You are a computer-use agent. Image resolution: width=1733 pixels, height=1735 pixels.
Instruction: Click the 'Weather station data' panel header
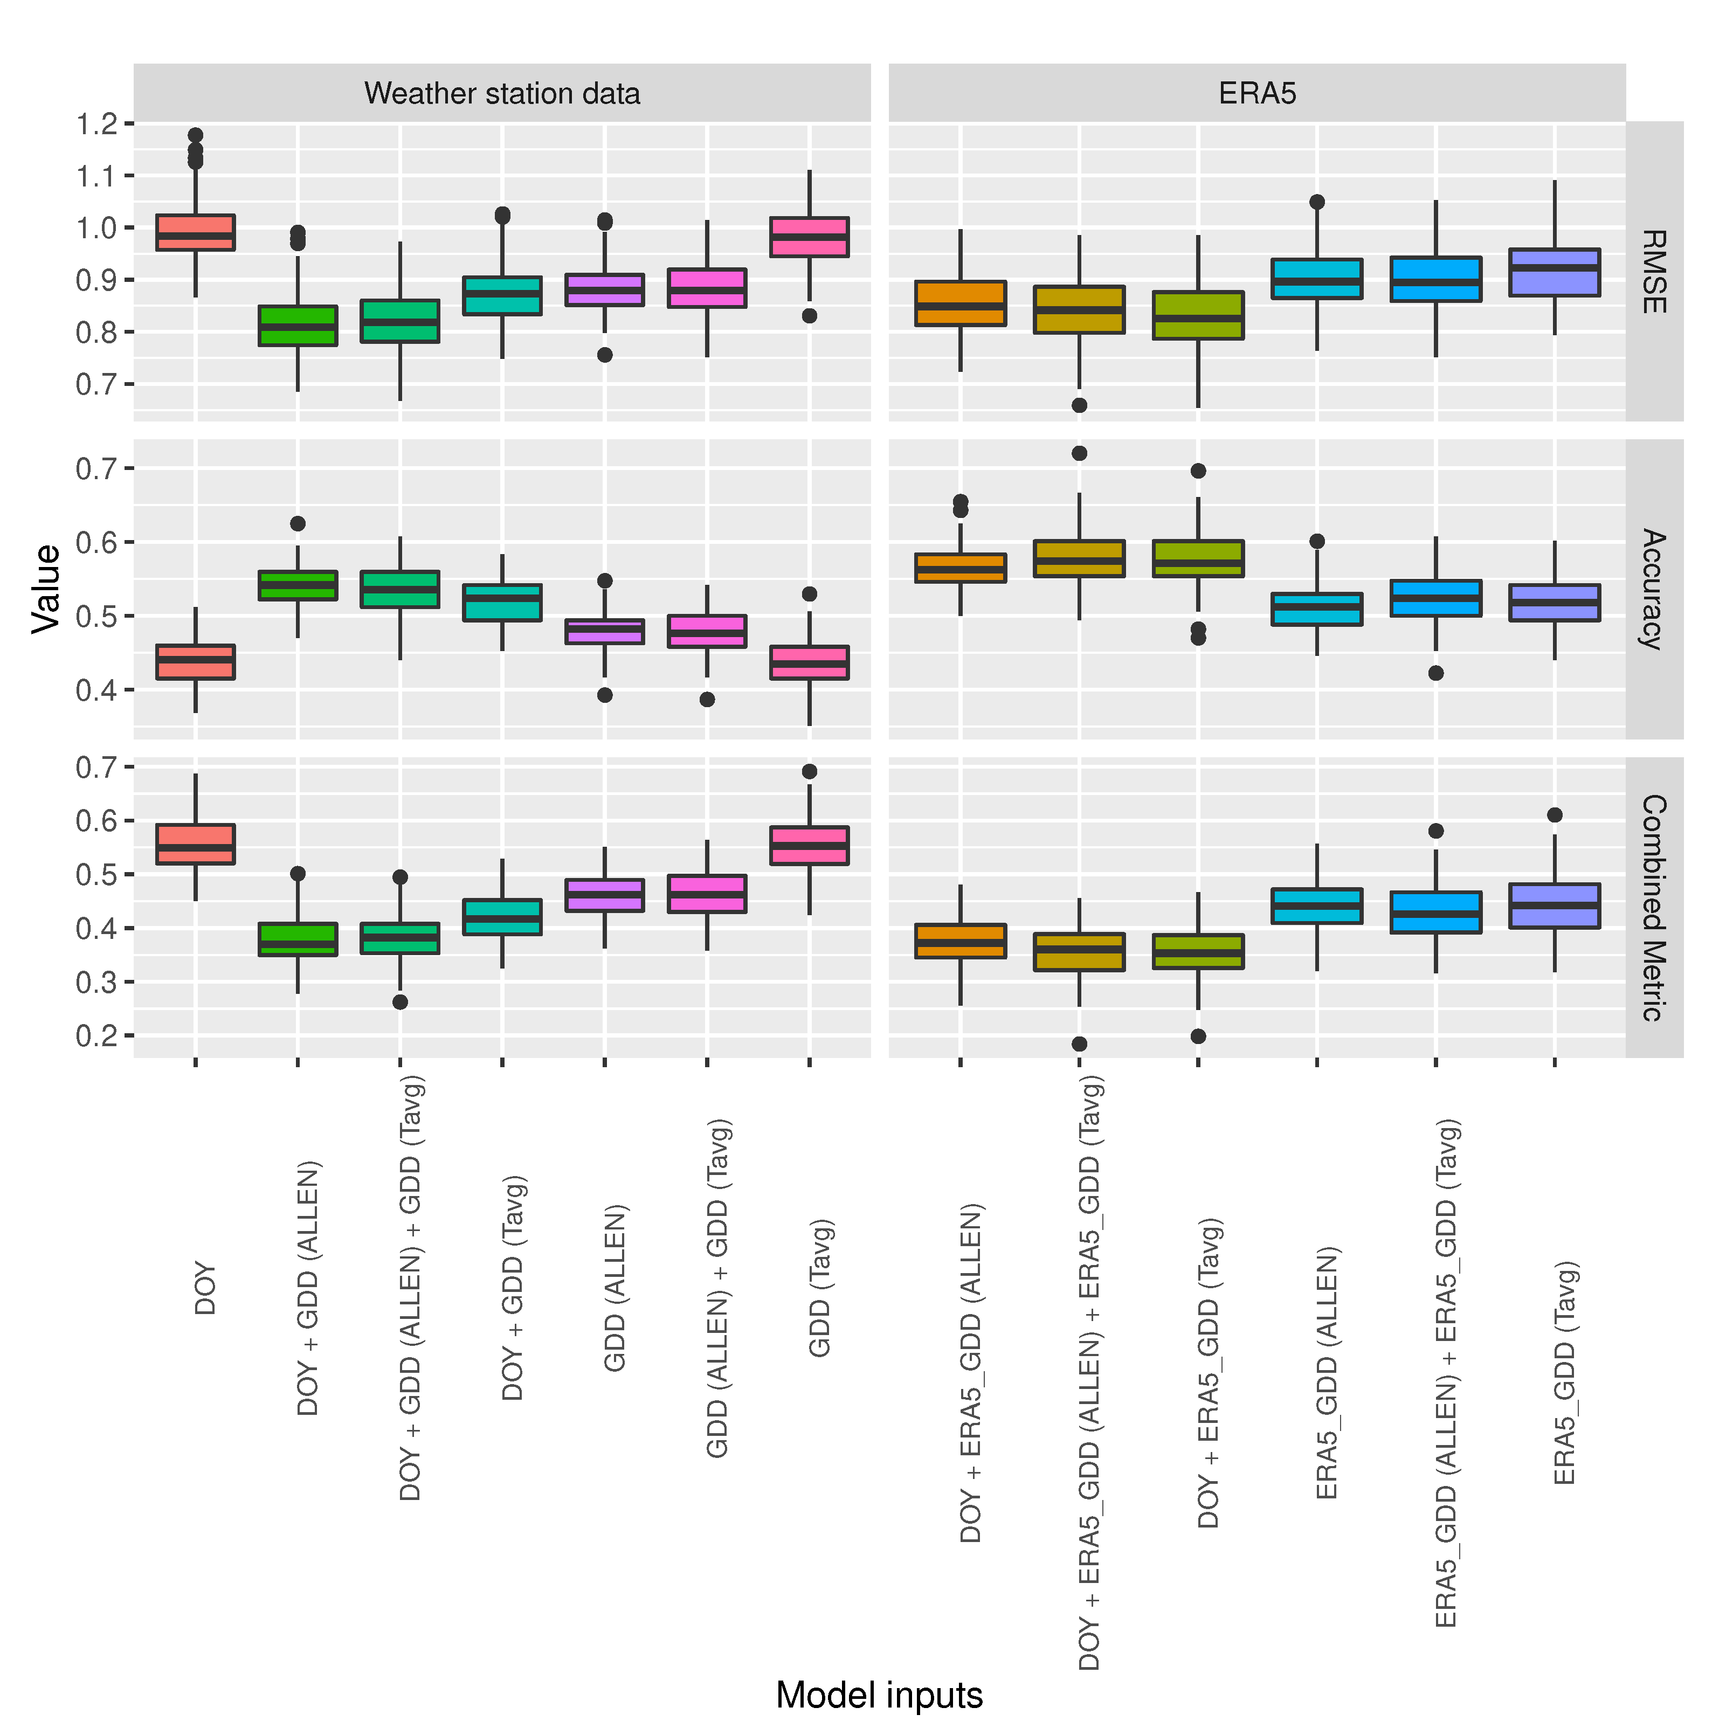point(502,93)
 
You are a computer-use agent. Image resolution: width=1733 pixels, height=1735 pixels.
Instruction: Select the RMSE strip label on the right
point(1653,271)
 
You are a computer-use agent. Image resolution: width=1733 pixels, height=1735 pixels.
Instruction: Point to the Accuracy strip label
point(1653,589)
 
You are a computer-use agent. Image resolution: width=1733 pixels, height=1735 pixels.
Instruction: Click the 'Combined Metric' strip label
point(1653,907)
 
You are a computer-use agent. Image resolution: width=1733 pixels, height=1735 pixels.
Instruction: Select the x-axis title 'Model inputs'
point(879,1695)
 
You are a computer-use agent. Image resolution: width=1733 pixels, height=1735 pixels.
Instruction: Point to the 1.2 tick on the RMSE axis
point(97,124)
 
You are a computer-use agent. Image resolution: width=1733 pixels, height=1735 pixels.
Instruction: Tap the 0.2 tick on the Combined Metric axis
point(97,1035)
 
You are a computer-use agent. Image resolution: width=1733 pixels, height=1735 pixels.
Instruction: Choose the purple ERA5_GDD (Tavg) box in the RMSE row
point(1555,272)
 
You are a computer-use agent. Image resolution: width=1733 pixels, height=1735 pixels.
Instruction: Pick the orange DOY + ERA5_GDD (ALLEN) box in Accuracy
point(960,568)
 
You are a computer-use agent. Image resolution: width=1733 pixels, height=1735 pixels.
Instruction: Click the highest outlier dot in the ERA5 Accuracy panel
point(1079,453)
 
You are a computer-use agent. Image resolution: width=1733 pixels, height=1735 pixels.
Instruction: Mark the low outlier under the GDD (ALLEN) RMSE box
point(605,355)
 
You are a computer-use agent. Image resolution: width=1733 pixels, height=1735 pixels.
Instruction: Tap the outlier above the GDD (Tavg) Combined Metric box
point(809,771)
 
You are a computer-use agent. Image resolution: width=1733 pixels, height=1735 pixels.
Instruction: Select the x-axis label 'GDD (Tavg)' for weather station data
point(820,1287)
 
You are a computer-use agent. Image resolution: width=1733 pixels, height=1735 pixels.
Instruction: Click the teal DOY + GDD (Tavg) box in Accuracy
point(502,603)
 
